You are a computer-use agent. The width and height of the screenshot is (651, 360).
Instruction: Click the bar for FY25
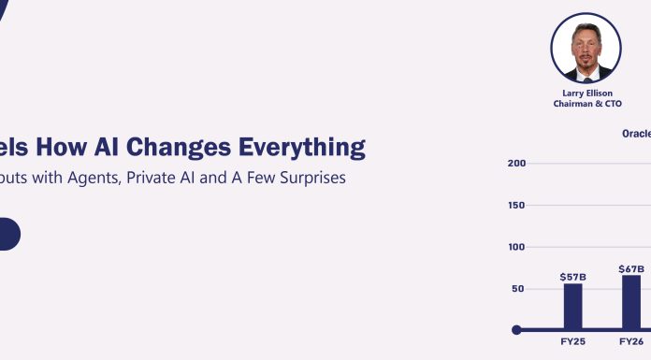click(572, 306)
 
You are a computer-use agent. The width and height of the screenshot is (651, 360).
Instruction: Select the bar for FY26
click(631, 301)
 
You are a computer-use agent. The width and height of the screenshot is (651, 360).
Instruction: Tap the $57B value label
click(572, 277)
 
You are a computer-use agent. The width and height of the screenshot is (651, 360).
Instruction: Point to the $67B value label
click(631, 269)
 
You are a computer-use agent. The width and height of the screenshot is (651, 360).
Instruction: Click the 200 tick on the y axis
click(515, 164)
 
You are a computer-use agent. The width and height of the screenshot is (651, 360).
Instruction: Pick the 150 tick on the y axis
click(515, 206)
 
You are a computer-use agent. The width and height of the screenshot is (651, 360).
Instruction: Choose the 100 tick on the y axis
click(515, 248)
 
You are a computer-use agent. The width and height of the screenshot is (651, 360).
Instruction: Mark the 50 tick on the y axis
click(518, 289)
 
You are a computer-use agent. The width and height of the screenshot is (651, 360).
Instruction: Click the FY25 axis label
click(572, 342)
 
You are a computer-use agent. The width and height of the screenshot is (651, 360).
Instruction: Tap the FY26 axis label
click(631, 342)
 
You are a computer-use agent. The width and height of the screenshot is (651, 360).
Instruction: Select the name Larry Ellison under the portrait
click(586, 94)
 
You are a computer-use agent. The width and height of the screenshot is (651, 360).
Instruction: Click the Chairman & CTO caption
click(586, 105)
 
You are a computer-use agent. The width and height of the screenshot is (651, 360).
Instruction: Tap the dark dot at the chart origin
click(516, 329)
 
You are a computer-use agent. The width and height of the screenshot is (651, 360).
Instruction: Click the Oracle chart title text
click(636, 134)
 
